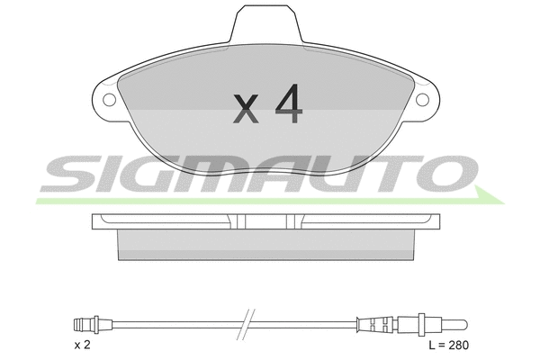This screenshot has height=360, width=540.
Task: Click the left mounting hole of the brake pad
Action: click(110, 100)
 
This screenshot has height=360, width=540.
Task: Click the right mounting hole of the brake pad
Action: click(423, 100)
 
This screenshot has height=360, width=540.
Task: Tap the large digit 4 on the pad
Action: click(289, 103)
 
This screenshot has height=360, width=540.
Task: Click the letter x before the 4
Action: click(246, 109)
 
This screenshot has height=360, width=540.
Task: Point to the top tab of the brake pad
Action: click(266, 24)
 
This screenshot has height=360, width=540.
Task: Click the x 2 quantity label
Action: click(82, 345)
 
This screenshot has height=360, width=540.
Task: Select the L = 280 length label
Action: click(449, 345)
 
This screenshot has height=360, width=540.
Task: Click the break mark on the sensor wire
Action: click(247, 324)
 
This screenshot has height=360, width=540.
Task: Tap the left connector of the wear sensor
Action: click(86, 324)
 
